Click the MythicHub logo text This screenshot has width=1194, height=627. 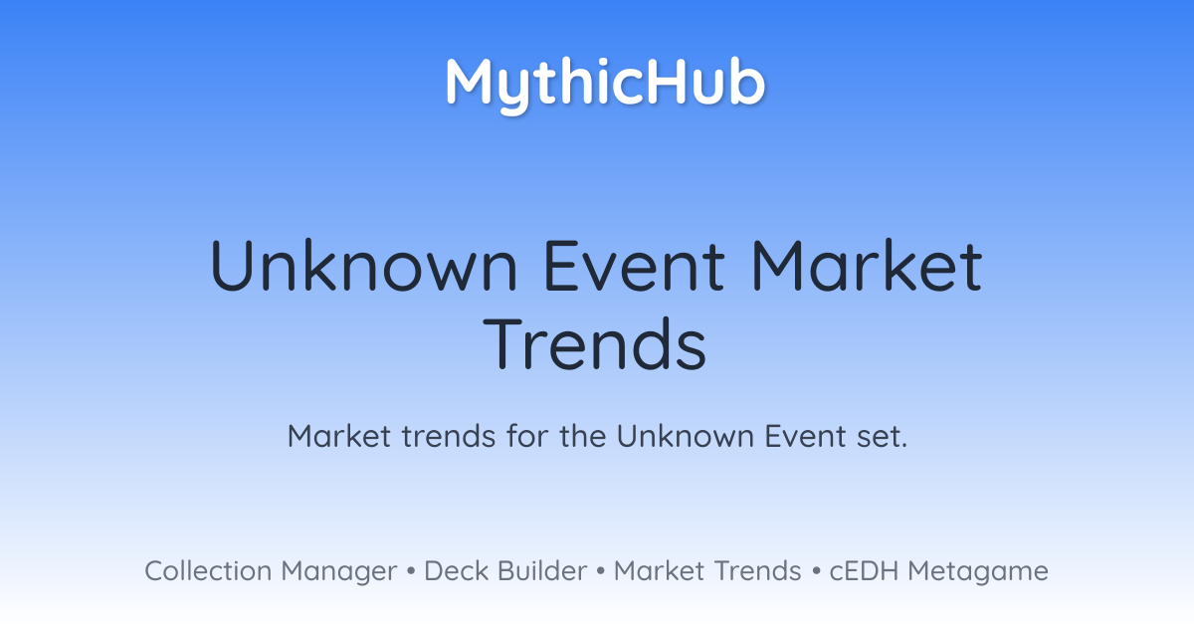click(605, 85)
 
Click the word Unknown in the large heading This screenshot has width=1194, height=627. click(364, 266)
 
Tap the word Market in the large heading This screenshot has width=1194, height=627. click(867, 266)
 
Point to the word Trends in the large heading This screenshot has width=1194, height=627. click(595, 344)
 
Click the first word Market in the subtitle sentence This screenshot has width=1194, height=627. click(339, 436)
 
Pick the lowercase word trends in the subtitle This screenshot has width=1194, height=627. click(449, 436)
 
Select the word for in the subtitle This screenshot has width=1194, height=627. click(527, 436)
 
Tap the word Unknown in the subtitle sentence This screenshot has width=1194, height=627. click(685, 436)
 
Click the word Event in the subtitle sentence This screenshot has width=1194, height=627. click(805, 436)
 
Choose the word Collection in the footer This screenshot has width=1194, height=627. click(208, 571)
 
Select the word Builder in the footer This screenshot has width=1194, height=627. click(542, 571)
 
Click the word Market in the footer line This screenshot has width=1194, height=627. click(660, 571)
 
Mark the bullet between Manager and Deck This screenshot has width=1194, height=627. click(410, 571)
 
